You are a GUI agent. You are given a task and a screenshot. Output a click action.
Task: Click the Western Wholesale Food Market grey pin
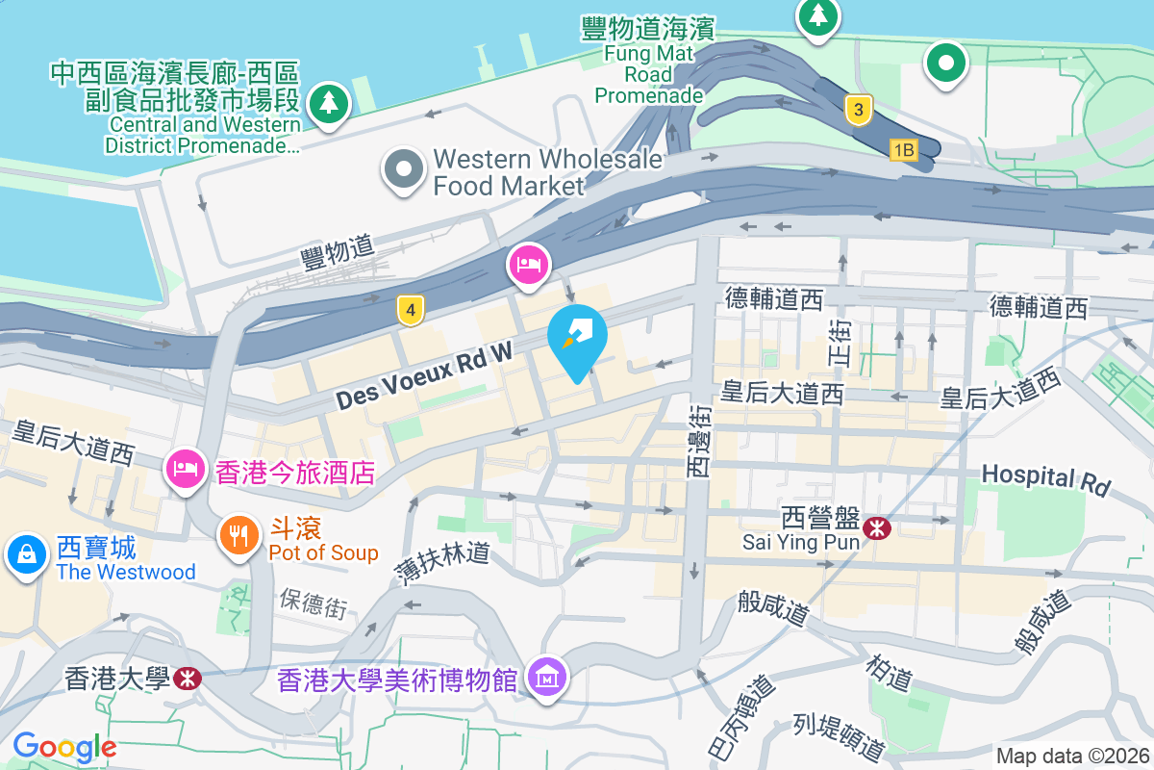[404, 171]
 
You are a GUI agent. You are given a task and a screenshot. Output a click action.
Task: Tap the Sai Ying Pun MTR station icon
[876, 527]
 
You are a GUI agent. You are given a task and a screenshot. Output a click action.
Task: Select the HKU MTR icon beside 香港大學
[188, 679]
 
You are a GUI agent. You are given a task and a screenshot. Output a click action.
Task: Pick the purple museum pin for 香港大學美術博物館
[547, 679]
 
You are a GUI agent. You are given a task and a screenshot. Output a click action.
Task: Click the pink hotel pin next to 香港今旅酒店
[186, 469]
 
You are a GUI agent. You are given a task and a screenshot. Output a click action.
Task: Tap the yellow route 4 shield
[411, 310]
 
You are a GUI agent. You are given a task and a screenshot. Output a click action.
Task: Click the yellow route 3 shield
[858, 110]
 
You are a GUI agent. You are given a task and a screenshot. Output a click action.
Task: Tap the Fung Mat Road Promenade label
[649, 63]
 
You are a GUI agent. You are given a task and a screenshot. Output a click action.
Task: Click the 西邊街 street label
[699, 441]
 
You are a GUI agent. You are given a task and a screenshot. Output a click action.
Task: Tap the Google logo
[64, 746]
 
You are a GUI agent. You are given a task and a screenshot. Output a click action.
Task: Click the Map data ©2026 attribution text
[1071, 756]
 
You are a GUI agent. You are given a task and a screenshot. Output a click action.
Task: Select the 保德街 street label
[314, 604]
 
